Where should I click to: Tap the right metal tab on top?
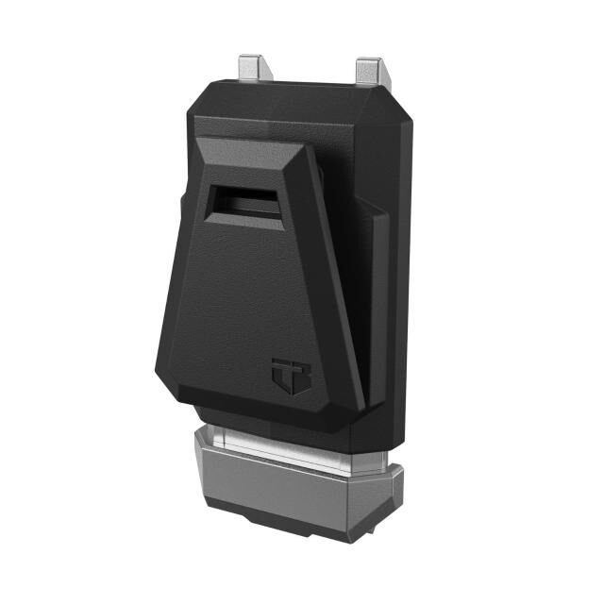pos(370,71)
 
